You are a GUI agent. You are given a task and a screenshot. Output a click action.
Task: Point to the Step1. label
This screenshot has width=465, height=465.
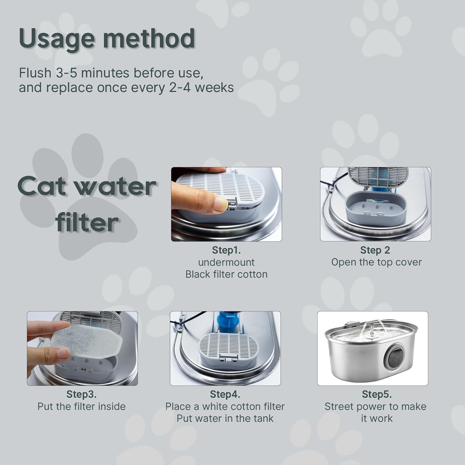click(x=226, y=250)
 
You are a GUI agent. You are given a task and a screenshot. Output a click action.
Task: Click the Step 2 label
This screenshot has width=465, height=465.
click(x=375, y=250)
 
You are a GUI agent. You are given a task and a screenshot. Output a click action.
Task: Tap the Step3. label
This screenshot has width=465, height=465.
click(x=82, y=394)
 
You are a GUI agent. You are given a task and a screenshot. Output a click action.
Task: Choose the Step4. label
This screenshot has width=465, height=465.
click(x=225, y=394)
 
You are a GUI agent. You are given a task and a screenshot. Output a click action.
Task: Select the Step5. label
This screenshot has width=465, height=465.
click(x=377, y=394)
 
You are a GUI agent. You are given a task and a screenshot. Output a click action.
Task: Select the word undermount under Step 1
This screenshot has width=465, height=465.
click(x=226, y=262)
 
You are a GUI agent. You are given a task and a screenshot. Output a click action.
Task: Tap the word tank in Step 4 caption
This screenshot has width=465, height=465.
click(x=263, y=418)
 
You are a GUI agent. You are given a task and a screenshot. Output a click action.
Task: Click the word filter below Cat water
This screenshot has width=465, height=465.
click(x=87, y=222)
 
